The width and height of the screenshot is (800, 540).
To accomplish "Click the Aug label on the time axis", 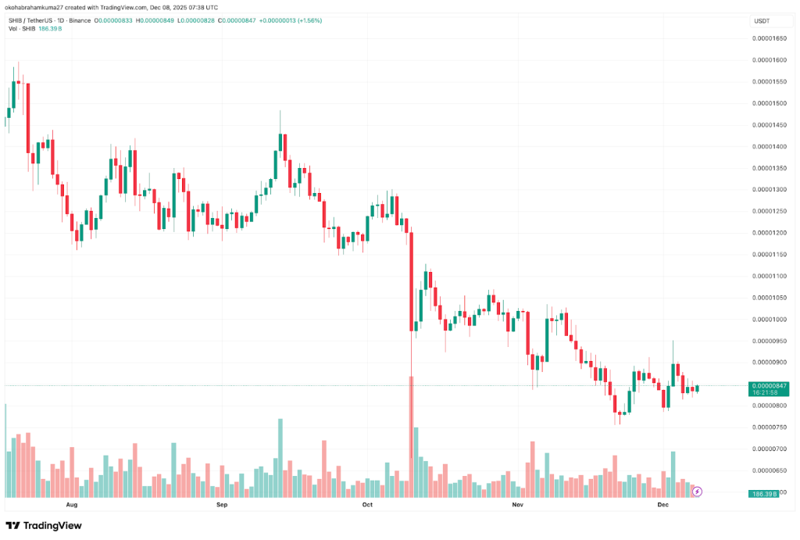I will pyautogui.click(x=73, y=505).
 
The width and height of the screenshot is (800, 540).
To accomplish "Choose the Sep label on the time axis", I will pyautogui.click(x=221, y=505).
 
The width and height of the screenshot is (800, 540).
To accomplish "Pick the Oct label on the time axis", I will pyautogui.click(x=368, y=505).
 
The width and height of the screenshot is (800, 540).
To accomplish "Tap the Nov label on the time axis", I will pyautogui.click(x=516, y=505).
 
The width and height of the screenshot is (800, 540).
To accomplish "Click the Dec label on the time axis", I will pyautogui.click(x=663, y=505).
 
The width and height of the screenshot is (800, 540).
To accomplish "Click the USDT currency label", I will pyautogui.click(x=762, y=20).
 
